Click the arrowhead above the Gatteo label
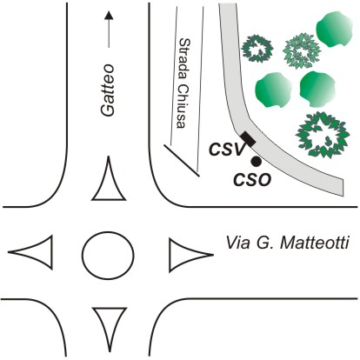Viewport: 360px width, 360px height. (109, 16)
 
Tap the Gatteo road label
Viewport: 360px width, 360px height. (108, 90)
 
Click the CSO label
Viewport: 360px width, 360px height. (252, 180)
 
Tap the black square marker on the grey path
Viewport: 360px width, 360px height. (249, 139)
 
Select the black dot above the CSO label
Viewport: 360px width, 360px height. (256, 162)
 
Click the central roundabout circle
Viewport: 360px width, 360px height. (108, 255)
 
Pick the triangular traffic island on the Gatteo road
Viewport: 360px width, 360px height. (109, 185)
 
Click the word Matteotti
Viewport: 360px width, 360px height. (315, 243)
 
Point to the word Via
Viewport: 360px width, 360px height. (237, 243)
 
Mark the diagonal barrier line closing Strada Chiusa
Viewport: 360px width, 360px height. (182, 160)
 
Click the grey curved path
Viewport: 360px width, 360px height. (246, 122)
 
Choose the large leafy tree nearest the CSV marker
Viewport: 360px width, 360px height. (323, 135)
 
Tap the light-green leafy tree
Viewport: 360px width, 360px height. (303, 51)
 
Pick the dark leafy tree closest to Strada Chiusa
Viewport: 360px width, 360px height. (257, 49)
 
